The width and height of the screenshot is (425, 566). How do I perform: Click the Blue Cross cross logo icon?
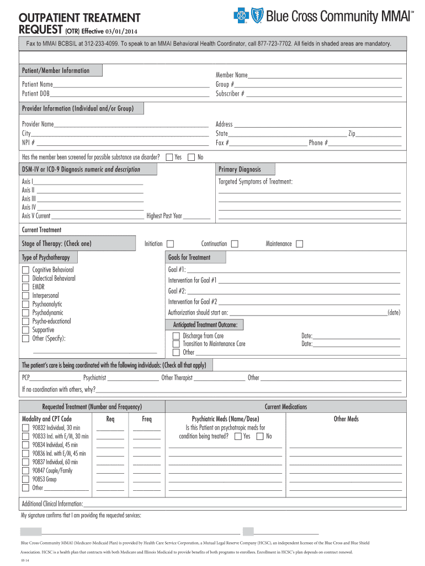click(240, 17)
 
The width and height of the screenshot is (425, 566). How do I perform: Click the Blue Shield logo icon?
click(256, 17)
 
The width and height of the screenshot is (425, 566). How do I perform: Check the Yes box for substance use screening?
click(169, 158)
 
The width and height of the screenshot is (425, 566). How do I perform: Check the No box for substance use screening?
click(192, 158)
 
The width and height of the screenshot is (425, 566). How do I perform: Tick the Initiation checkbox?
click(170, 244)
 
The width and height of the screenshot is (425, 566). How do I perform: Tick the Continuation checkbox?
click(235, 244)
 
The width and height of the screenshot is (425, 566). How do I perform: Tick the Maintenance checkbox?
click(299, 244)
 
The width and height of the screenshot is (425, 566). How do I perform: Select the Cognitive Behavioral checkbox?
click(25, 270)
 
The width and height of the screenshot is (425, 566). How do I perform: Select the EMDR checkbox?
click(25, 287)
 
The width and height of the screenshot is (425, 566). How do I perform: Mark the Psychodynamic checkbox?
click(25, 313)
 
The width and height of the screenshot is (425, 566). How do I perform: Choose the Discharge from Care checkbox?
click(176, 336)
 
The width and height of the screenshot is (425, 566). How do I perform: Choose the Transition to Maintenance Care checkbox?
click(176, 344)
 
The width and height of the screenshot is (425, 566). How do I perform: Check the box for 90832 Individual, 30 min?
click(25, 428)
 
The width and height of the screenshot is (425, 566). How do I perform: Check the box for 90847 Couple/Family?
click(25, 470)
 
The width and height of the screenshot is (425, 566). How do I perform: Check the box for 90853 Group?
click(25, 479)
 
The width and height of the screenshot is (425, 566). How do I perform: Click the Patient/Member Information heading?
click(55, 71)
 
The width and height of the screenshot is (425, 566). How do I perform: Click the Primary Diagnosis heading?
click(240, 169)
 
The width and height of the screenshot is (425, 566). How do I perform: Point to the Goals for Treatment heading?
click(189, 257)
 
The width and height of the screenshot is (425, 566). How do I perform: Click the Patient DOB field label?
click(35, 93)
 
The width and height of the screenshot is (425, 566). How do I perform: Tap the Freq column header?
click(146, 419)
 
